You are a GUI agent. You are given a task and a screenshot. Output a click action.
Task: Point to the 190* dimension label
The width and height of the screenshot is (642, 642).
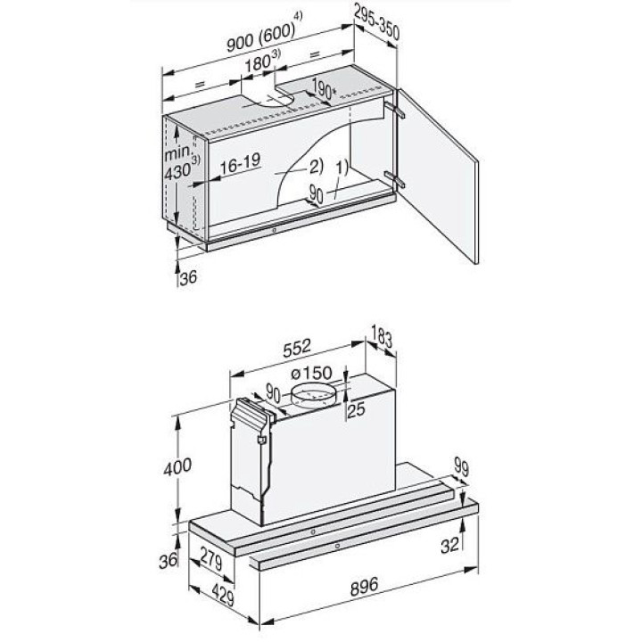pyautogui.click(x=324, y=89)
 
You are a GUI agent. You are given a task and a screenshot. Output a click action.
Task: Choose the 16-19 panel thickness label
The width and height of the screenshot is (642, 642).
pyautogui.click(x=241, y=164)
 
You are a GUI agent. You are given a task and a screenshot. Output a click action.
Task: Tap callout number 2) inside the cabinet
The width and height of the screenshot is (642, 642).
pyautogui.click(x=316, y=166)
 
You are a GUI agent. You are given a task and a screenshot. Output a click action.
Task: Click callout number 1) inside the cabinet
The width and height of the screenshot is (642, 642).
pyautogui.click(x=341, y=168)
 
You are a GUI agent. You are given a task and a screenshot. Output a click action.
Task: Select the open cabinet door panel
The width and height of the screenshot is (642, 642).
pyautogui.click(x=438, y=176)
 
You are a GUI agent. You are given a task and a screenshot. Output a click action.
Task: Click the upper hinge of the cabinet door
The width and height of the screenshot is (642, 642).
pyautogui.click(x=394, y=110)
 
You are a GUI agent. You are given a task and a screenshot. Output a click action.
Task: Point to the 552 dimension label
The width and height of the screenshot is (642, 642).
pyautogui.click(x=297, y=348)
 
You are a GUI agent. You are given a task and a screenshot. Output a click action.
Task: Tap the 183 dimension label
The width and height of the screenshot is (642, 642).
pyautogui.click(x=382, y=336)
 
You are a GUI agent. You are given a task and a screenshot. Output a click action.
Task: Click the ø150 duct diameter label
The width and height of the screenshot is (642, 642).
pyautogui.click(x=311, y=373)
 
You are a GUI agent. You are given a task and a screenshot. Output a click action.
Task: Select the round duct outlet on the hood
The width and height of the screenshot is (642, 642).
pyautogui.click(x=313, y=393)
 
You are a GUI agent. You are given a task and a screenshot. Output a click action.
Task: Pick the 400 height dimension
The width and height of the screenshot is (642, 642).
pyautogui.click(x=177, y=467)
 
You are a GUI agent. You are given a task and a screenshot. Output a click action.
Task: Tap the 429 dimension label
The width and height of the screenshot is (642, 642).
pyautogui.click(x=224, y=595)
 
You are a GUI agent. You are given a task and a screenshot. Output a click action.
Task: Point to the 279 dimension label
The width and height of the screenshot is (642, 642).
pyautogui.click(x=211, y=559)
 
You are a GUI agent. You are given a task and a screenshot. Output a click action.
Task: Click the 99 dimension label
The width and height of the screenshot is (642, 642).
pyautogui.click(x=461, y=467)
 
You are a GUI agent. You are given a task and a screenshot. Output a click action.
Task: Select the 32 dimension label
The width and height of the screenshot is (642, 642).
pyautogui.click(x=450, y=546)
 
